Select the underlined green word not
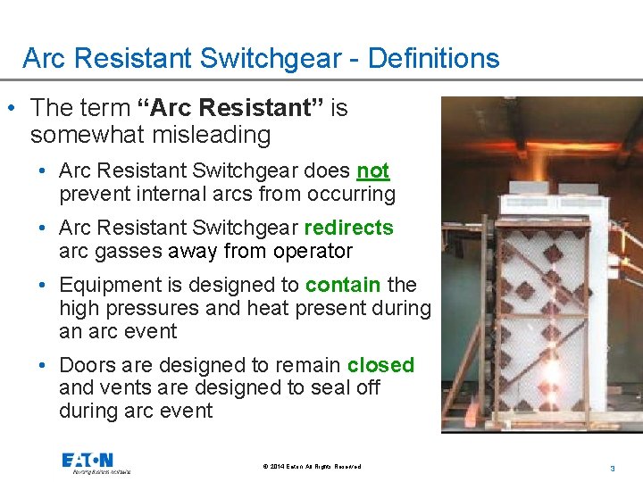(373, 170)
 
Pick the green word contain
(343, 285)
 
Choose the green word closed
(380, 365)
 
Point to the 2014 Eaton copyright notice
(313, 467)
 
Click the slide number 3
(613, 468)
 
